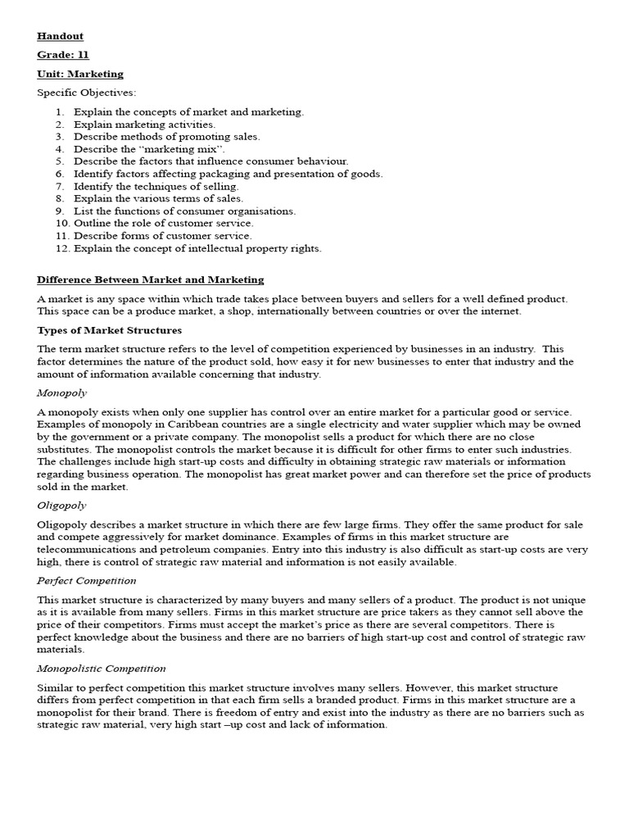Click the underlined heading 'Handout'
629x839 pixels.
pyautogui.click(x=60, y=36)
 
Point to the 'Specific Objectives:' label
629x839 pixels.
pyautogui.click(x=87, y=93)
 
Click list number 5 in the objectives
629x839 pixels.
pyautogui.click(x=60, y=161)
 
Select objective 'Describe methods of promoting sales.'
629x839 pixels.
pyautogui.click(x=166, y=137)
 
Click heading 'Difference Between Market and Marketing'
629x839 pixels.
pyautogui.click(x=151, y=280)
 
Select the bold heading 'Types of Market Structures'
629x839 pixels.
pyautogui.click(x=110, y=330)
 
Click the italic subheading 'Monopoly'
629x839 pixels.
pyautogui.click(x=62, y=392)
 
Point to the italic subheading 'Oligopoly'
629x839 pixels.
pyautogui.click(x=62, y=506)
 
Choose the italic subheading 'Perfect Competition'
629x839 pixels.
pyautogui.click(x=87, y=581)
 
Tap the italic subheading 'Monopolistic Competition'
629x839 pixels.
pyautogui.click(x=102, y=669)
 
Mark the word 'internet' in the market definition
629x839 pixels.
pyautogui.click(x=500, y=311)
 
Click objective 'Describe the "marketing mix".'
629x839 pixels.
pyautogui.click(x=149, y=149)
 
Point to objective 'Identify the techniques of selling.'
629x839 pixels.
pyautogui.click(x=156, y=186)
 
